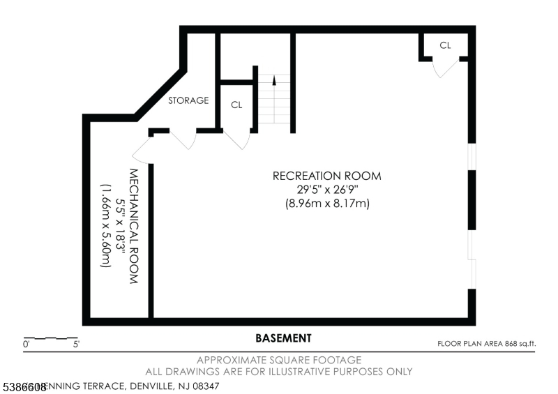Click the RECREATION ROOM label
(327, 176)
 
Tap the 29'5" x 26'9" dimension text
(327, 190)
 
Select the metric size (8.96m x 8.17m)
(327, 204)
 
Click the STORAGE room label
(188, 100)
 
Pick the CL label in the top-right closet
(445, 45)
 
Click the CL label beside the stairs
(236, 105)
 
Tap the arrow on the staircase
(274, 79)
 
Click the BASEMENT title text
(283, 338)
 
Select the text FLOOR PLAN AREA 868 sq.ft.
(485, 343)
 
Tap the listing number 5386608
(23, 386)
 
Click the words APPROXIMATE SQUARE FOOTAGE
(279, 361)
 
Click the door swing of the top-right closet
(446, 68)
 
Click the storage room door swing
(183, 140)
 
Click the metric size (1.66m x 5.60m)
(105, 225)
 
